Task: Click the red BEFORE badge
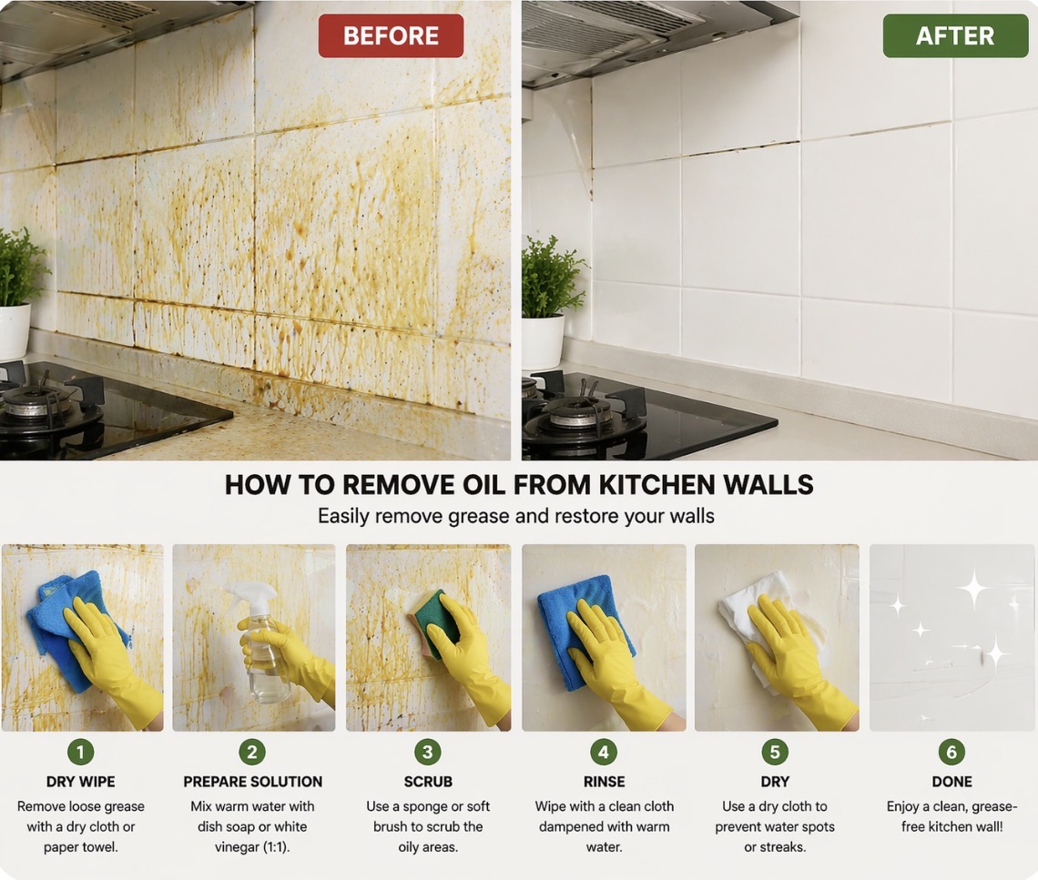[391, 35]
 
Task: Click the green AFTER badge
[954, 35]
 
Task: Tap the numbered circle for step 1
[81, 753]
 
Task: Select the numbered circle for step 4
[604, 753]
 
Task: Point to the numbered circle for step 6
[952, 753]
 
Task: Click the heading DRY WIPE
[81, 782]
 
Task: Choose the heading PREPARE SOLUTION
[253, 782]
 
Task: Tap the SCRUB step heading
[428, 782]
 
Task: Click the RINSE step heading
[604, 782]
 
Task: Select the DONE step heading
[952, 782]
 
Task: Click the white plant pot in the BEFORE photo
[14, 332]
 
